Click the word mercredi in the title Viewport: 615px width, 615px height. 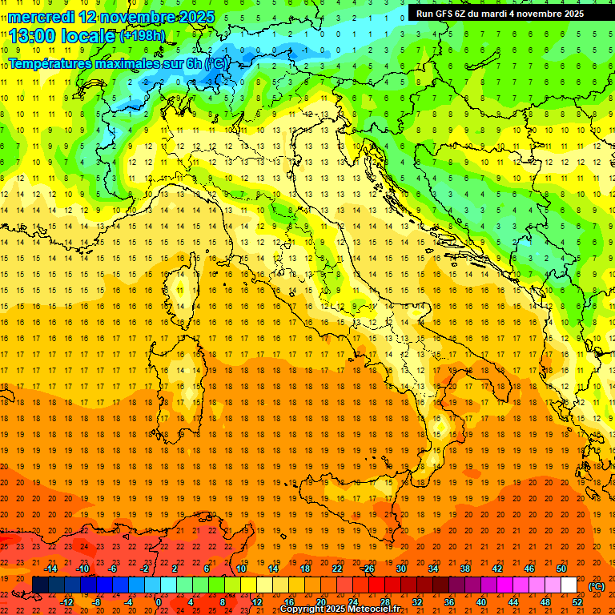tap(43, 16)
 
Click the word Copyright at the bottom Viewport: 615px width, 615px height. tap(303, 609)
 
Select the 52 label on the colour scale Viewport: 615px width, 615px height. tap(577, 602)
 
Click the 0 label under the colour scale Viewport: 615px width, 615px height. tap(159, 602)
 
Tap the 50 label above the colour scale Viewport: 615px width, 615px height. tap(561, 569)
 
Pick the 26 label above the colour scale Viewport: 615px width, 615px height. tap(368, 569)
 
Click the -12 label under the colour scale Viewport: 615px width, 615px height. tap(66, 602)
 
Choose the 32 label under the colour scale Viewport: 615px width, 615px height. tap(417, 602)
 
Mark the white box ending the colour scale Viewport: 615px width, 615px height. tap(569, 585)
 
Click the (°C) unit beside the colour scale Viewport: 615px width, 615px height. tap(597, 586)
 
